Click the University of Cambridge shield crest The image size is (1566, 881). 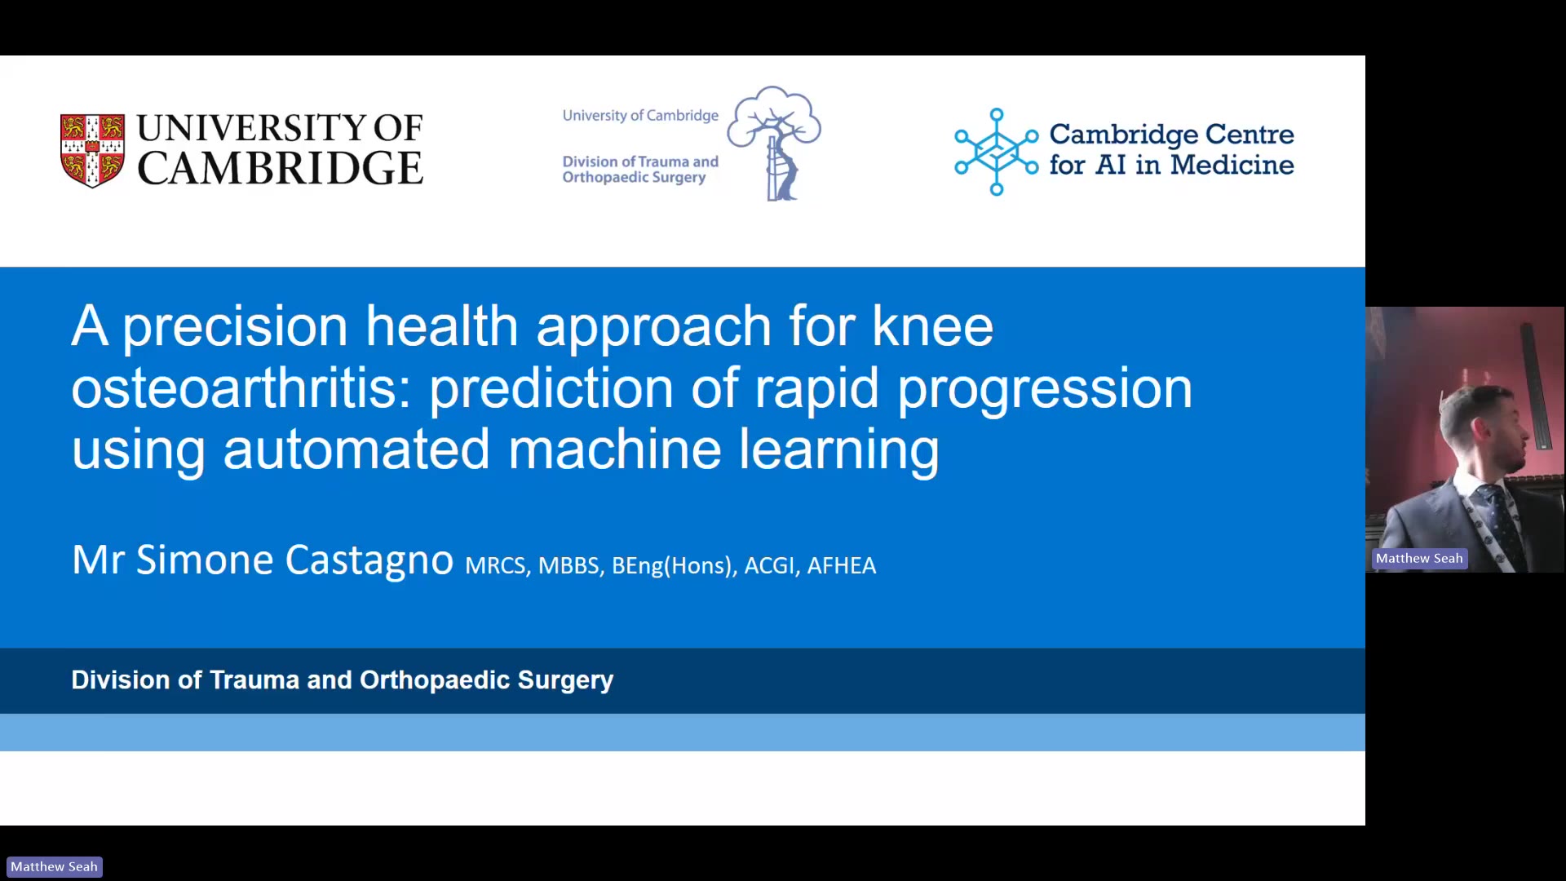92,151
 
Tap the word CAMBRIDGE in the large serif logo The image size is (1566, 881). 280,168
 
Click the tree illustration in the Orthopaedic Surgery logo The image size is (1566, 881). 774,143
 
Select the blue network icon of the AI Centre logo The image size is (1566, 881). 996,152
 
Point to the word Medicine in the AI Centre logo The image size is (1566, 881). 1232,165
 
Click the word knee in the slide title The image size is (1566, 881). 932,325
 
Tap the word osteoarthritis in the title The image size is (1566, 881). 241,387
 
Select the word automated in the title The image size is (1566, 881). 356,449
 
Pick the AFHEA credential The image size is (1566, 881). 841,565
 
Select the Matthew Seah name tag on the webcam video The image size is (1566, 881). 1419,559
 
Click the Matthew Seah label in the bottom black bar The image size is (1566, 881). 54,866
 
